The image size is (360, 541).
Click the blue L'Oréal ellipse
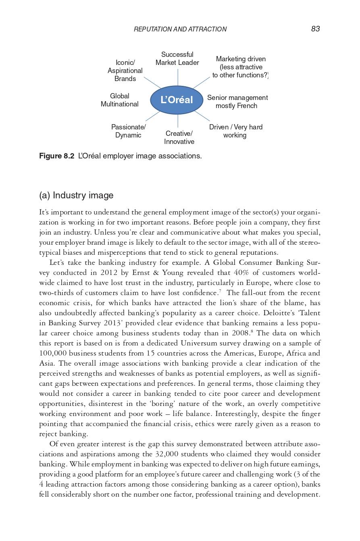pos(177,100)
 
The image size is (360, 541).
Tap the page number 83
pos(315,29)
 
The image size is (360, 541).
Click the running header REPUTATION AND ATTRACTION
pos(180,29)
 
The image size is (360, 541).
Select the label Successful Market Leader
pos(177,58)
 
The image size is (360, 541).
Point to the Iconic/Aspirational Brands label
pos(125,71)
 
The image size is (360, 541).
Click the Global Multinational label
pos(119,100)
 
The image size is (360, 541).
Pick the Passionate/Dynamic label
pos(128,131)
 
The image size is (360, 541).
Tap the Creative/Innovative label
pos(179,137)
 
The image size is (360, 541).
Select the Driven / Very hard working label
pos(235,131)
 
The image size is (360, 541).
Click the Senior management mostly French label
pos(237,102)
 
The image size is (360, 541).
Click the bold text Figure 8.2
pos(56,156)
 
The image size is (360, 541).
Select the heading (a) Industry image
pos(76,196)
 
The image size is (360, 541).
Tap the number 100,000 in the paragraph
pos(54,353)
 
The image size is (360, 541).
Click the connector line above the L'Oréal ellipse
pos(178,77)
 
